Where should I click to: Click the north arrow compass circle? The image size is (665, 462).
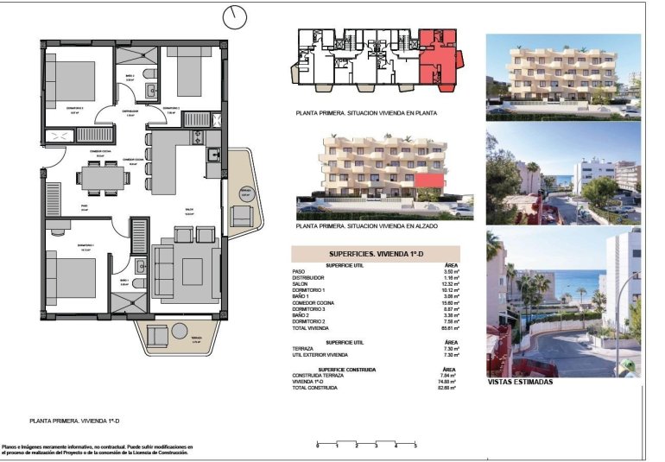click(234, 16)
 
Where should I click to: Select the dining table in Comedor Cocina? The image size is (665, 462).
click(104, 178)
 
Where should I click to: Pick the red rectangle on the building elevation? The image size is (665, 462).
click(428, 179)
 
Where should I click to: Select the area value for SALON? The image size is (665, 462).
click(448, 284)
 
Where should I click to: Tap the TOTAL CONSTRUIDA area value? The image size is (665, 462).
click(446, 389)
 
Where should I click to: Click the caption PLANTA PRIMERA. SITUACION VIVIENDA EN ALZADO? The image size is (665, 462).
click(366, 226)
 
